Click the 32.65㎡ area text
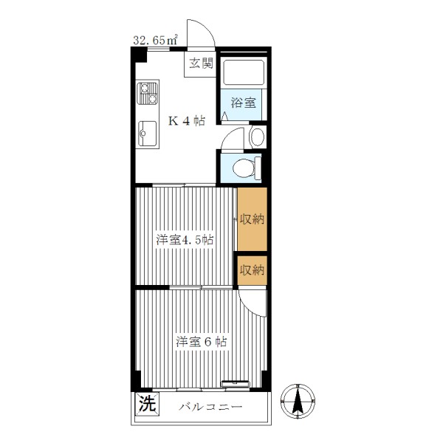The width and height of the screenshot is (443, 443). click(155, 40)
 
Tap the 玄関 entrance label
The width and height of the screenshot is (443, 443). click(201, 63)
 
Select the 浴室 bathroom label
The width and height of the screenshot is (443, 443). click(244, 103)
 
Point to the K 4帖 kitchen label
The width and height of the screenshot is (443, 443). click(187, 121)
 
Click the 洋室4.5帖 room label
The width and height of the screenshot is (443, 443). click(185, 240)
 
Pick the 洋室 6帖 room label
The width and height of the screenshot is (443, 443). click(201, 342)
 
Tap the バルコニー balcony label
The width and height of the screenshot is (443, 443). click(210, 407)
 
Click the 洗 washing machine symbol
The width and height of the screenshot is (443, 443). click(148, 404)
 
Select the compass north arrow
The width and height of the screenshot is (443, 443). click(298, 402)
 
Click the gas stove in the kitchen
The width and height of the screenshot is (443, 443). click(147, 93)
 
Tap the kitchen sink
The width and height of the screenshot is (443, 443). click(147, 134)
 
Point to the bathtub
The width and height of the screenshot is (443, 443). click(244, 72)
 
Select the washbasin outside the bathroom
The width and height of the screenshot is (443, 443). click(258, 137)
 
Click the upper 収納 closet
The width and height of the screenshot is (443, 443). click(252, 219)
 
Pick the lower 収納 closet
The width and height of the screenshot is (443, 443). click(252, 270)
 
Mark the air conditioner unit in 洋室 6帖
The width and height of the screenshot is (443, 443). click(236, 384)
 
